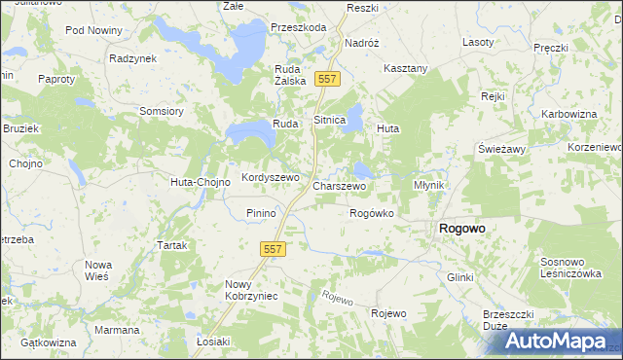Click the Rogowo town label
462,228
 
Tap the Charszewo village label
339,185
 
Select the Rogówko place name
371,213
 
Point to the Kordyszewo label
270,178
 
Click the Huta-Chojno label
200,182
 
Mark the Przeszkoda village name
299,27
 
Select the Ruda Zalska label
291,75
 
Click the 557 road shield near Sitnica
327,79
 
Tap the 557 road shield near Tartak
273,250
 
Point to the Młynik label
428,185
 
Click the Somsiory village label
162,111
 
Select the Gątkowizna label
48,342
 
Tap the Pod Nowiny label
92,30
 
